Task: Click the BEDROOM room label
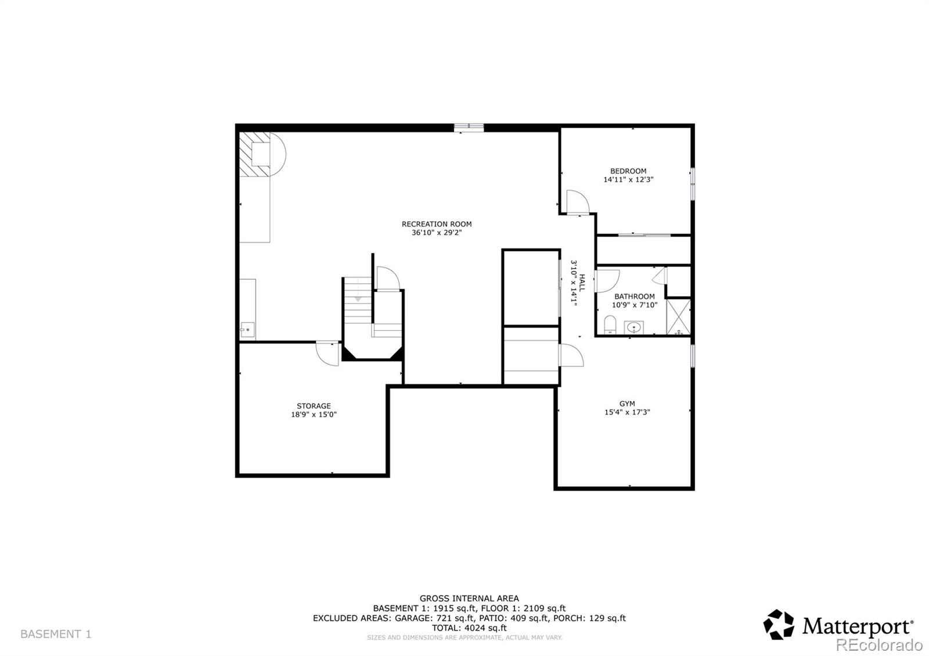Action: [628, 171]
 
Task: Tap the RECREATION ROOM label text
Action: [437, 224]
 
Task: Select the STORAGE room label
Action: [314, 406]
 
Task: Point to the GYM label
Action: [627, 403]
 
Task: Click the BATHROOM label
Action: [634, 296]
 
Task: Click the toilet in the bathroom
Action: [610, 325]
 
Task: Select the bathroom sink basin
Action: [634, 328]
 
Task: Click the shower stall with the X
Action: [678, 316]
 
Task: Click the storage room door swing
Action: [328, 353]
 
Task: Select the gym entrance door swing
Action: [570, 355]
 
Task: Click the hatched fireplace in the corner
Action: [256, 154]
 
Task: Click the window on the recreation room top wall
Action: [469, 127]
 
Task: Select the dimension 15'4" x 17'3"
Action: [627, 412]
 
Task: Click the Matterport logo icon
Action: [778, 625]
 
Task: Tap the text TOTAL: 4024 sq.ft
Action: [469, 628]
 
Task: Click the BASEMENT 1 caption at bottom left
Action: [56, 634]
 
